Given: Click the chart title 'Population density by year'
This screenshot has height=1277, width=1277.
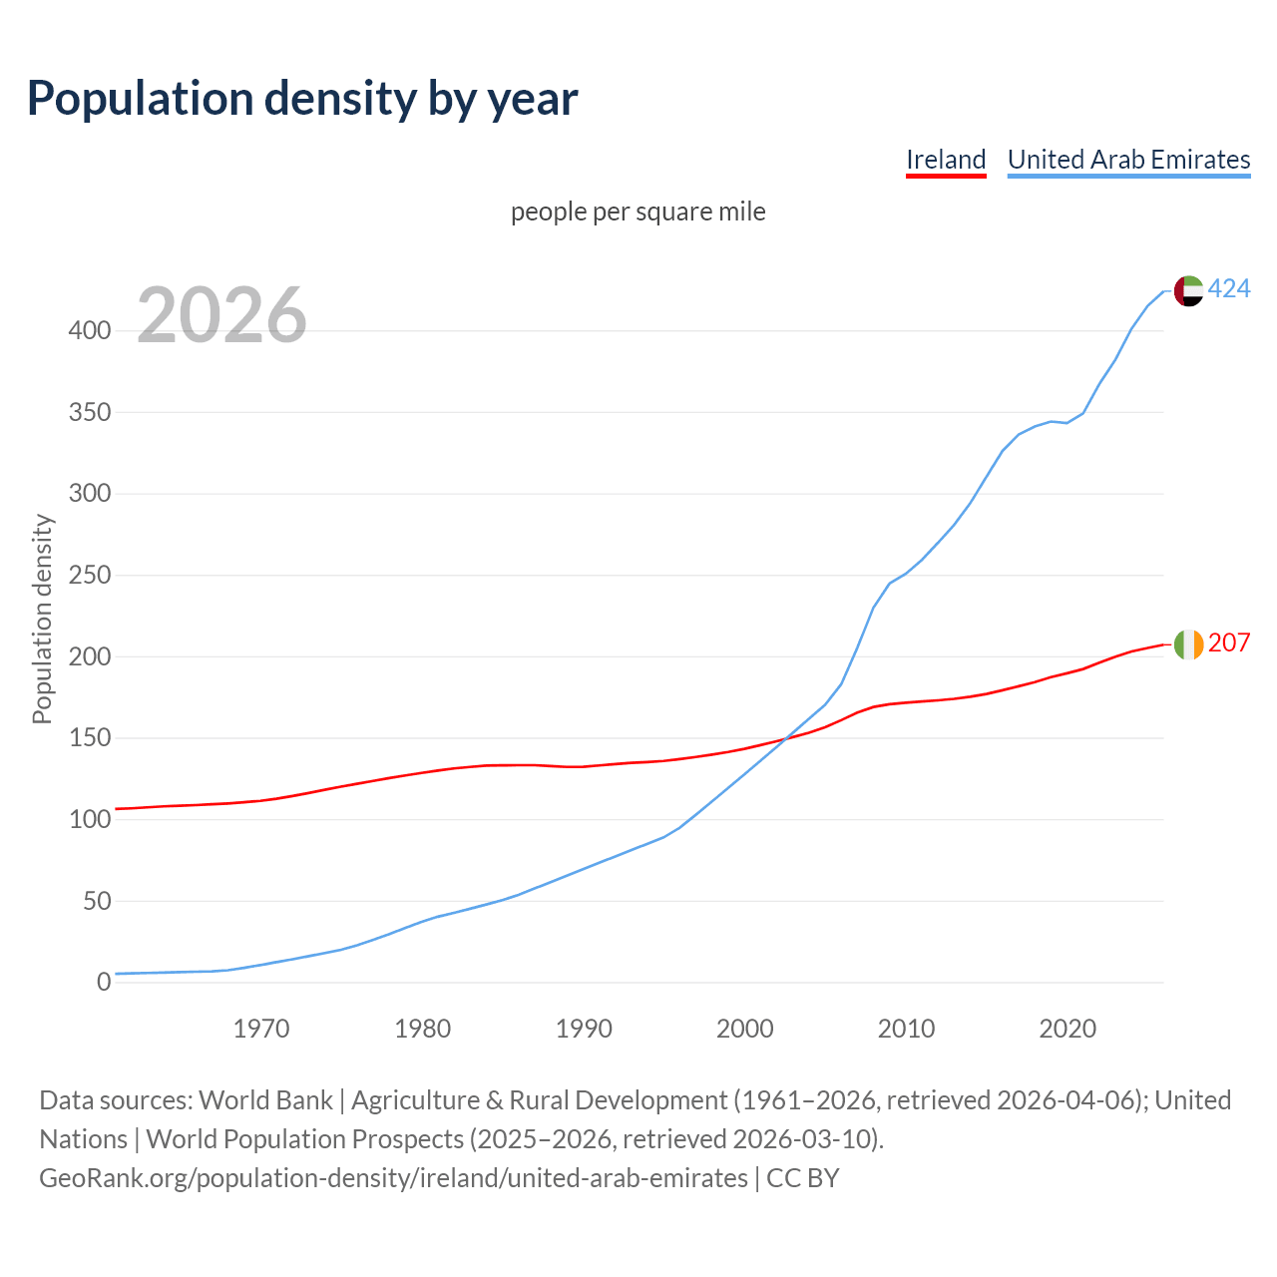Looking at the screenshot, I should tap(302, 98).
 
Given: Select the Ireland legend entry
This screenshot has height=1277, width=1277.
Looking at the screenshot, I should tap(946, 160).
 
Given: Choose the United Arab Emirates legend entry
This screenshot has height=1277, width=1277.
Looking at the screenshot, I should tap(1128, 160).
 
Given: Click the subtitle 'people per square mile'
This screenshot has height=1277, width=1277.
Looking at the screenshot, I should tap(638, 212).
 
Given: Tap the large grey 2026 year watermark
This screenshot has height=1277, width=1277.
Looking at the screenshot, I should tap(221, 315).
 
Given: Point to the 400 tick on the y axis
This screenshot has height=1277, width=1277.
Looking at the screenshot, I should tap(90, 330).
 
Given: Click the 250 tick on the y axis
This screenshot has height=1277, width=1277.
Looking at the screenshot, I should tap(90, 575).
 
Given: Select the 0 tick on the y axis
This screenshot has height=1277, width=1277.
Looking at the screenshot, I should tap(104, 983).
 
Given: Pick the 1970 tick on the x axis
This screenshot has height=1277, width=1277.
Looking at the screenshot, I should tap(261, 1029).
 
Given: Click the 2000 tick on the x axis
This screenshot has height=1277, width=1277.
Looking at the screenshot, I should tap(745, 1029).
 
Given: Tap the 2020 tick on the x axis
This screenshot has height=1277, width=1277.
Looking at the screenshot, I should tap(1067, 1029).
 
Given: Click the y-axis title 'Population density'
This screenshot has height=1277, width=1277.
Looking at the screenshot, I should tap(42, 619).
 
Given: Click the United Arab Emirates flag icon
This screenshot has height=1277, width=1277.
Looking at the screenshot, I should tap(1188, 290).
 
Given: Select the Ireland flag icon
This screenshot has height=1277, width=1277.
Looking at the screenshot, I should tap(1188, 644).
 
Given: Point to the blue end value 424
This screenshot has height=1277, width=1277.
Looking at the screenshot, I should tap(1229, 289).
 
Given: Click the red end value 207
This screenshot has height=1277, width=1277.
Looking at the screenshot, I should tap(1229, 643).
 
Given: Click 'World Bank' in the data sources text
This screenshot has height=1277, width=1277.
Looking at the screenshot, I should tap(265, 1100).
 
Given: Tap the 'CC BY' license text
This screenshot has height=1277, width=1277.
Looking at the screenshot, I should tap(803, 1178).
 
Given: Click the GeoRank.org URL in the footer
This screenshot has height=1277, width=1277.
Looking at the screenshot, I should tap(393, 1178).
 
